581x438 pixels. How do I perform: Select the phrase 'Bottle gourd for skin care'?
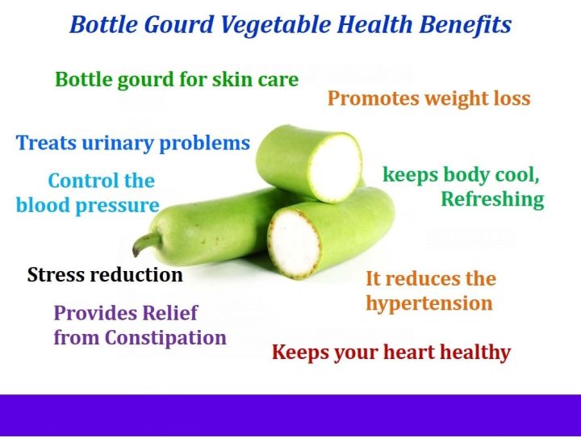177,80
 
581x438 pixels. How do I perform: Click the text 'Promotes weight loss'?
428,99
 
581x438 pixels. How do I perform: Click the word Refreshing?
491,199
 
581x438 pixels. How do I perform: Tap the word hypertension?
428,304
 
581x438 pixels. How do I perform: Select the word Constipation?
165,338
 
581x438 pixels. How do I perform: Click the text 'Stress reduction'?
105,275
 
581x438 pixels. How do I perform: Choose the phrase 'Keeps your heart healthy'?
391,352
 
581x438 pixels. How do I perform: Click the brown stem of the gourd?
146,243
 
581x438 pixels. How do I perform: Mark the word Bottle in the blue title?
101,25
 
